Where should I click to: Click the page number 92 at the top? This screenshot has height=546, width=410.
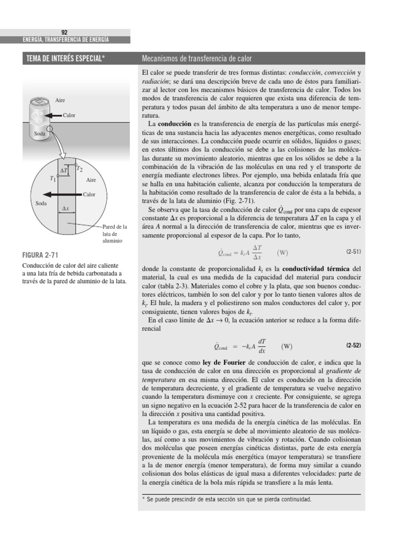tap(65, 32)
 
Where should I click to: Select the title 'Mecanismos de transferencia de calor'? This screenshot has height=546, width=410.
tap(196, 58)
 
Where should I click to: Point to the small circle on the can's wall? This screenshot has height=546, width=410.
tap(49, 128)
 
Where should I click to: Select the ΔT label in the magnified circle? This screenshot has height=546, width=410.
tap(64, 171)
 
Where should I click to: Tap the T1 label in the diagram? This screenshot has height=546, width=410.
tap(52, 179)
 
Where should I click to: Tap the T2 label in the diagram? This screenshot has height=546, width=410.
tap(80, 169)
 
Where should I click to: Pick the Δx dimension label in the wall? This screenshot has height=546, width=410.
tap(66, 209)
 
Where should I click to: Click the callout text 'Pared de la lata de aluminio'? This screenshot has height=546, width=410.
tap(114, 234)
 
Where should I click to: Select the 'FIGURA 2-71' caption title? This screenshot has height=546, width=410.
tap(41, 255)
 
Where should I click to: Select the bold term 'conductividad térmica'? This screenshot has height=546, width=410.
tap(317, 268)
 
